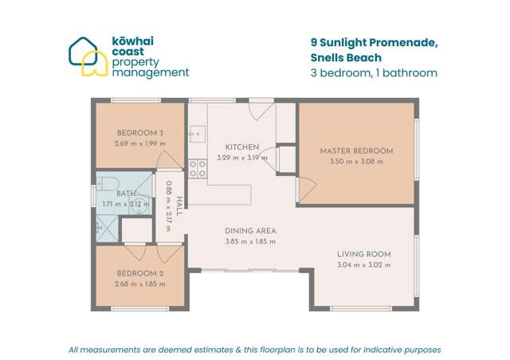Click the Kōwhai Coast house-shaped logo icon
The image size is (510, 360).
point(88,57)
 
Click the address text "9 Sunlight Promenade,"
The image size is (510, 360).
point(373,42)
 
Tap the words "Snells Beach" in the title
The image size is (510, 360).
point(346,57)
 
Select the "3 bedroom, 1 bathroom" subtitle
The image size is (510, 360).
point(373,73)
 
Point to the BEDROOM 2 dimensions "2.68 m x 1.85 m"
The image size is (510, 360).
point(139,284)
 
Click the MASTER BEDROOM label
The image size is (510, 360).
point(356,151)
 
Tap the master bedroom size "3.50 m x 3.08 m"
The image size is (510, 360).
point(356,162)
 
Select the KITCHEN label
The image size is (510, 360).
point(241,147)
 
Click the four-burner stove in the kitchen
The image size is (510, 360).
point(197,169)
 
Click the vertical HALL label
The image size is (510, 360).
point(180,206)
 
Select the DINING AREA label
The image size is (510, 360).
point(249,231)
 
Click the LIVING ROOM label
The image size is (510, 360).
point(363,254)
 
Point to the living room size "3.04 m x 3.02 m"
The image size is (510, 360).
point(363,265)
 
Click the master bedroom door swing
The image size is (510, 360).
point(306,189)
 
